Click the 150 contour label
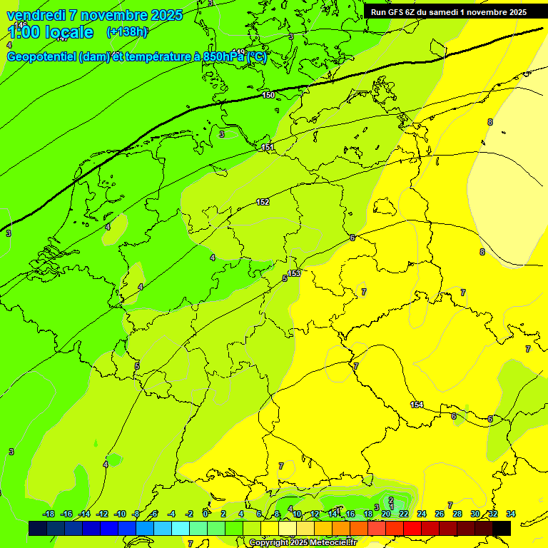coord(268,95)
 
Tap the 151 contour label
coord(268,147)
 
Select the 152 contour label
coord(263,202)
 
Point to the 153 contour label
coord(294,273)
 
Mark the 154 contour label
coord(417,405)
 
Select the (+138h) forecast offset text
coord(127,32)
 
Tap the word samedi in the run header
coord(455,11)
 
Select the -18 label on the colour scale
coord(49,514)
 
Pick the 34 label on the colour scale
coord(511,514)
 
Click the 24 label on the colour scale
coord(422,514)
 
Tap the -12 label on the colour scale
coord(102,514)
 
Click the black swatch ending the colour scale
coord(502,528)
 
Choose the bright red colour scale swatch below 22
coord(412,528)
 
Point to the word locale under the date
coord(67,32)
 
